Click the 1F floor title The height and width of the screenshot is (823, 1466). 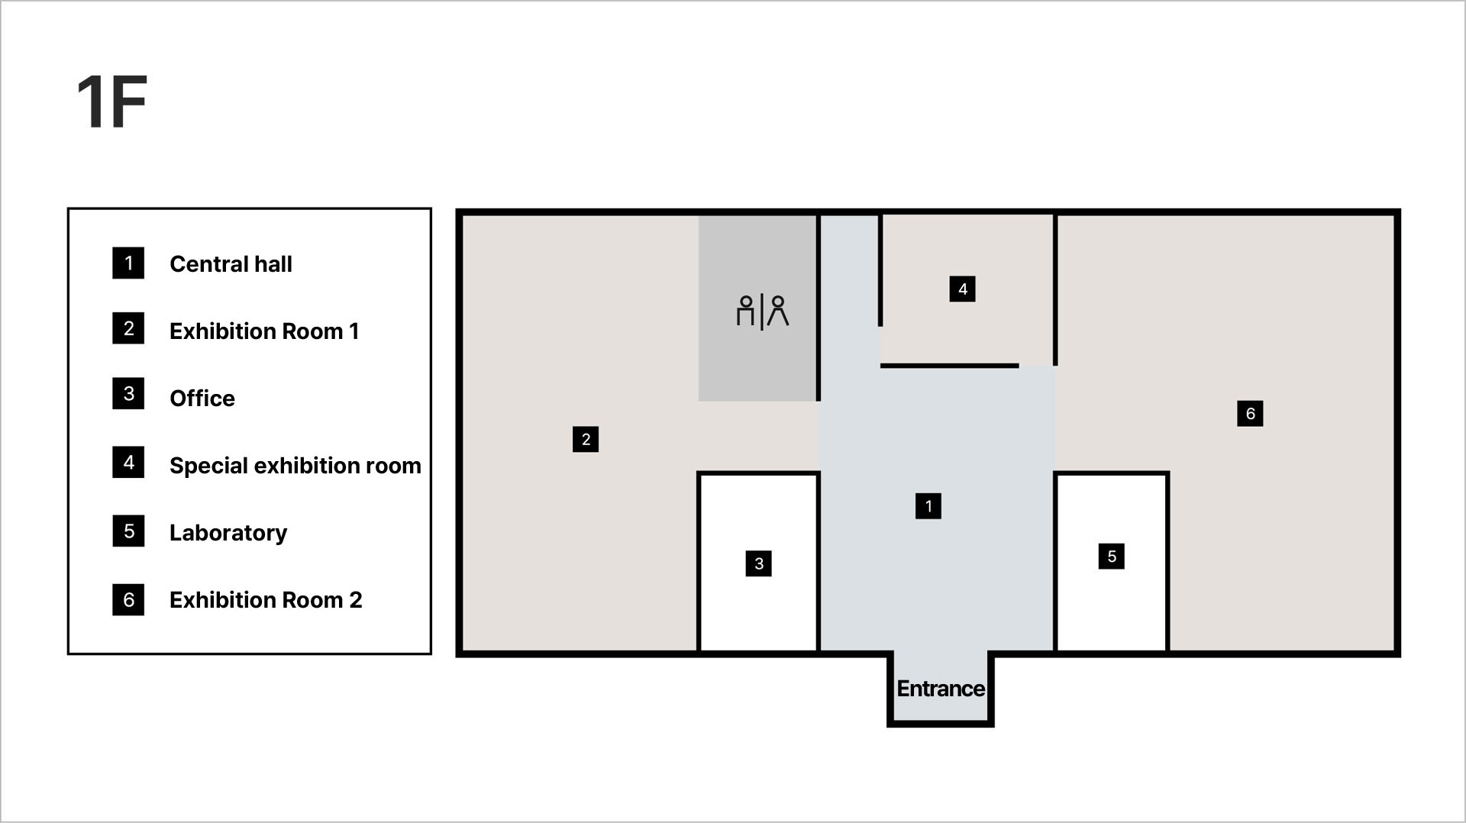(x=111, y=102)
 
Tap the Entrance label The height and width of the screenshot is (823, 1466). (x=940, y=689)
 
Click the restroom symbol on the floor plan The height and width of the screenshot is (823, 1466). (x=762, y=311)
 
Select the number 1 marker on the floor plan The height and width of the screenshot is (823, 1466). (x=928, y=506)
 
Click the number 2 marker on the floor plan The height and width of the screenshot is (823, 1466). (x=586, y=439)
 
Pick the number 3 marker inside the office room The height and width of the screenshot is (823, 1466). (x=758, y=563)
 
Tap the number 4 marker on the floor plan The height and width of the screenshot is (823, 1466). (x=962, y=289)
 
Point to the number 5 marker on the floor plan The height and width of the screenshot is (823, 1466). (x=1111, y=557)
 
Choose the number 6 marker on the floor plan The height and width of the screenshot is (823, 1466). (x=1250, y=414)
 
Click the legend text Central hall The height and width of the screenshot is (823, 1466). (x=231, y=264)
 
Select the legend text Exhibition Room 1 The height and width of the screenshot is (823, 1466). (x=264, y=331)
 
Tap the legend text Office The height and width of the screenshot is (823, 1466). (x=202, y=399)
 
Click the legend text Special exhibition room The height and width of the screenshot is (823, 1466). (x=295, y=466)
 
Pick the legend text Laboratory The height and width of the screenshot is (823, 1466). (x=228, y=533)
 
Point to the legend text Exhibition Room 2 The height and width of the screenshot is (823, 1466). (x=266, y=600)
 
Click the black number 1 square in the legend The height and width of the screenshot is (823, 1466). (x=128, y=263)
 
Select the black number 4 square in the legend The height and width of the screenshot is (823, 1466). (x=128, y=463)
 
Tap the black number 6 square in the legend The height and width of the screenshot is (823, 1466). (x=128, y=600)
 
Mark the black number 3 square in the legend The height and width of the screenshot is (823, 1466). (x=128, y=394)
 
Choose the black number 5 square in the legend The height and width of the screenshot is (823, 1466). (x=128, y=531)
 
